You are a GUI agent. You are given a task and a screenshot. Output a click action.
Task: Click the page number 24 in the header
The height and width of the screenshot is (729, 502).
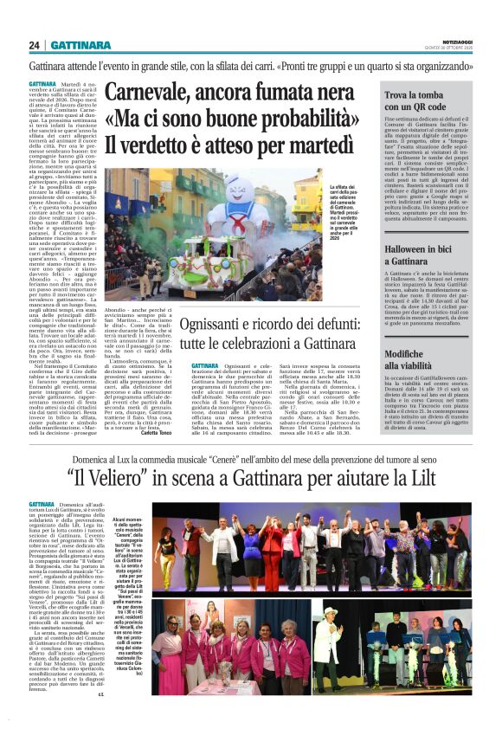coord(35,45)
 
